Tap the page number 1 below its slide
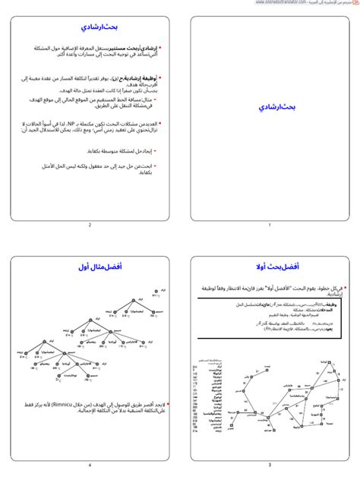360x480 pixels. [x=269, y=225]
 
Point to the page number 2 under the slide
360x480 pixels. [x=90, y=225]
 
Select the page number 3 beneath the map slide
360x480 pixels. [x=269, y=444]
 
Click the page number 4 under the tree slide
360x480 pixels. [x=90, y=444]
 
